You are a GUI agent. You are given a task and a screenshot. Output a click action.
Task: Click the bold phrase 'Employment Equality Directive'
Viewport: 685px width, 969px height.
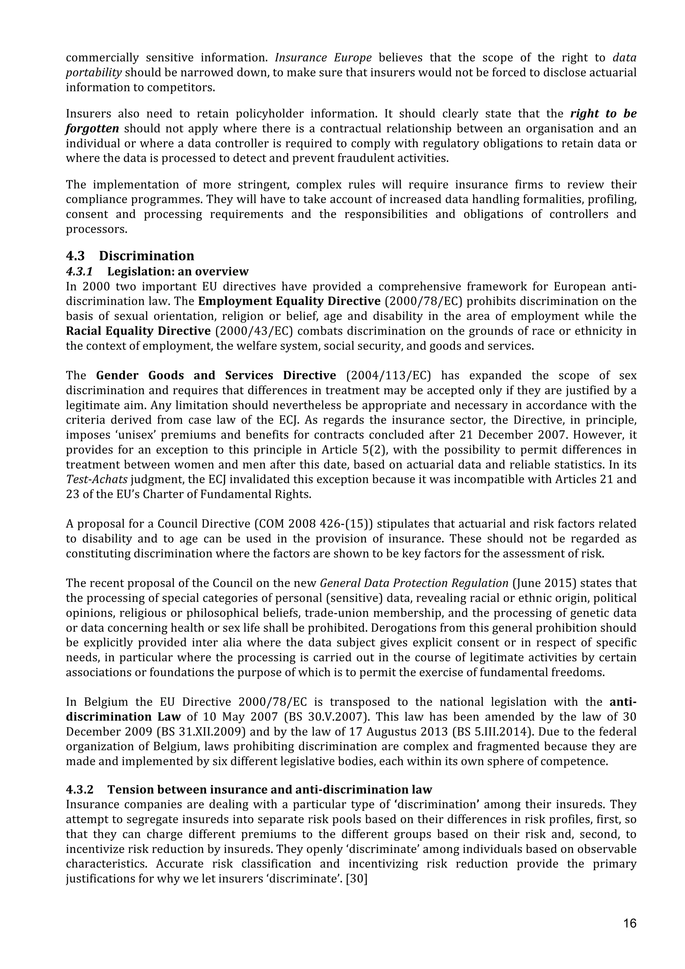pyautogui.click(x=289, y=301)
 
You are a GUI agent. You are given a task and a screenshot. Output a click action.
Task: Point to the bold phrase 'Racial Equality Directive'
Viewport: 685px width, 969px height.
pyautogui.click(x=138, y=331)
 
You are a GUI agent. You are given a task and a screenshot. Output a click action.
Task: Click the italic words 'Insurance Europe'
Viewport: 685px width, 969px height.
pyautogui.click(x=323, y=58)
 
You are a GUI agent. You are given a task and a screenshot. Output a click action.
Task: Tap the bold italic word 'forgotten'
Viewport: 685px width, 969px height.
pyautogui.click(x=92, y=128)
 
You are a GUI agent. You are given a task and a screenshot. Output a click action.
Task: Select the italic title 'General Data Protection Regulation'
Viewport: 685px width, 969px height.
pyautogui.click(x=414, y=583)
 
